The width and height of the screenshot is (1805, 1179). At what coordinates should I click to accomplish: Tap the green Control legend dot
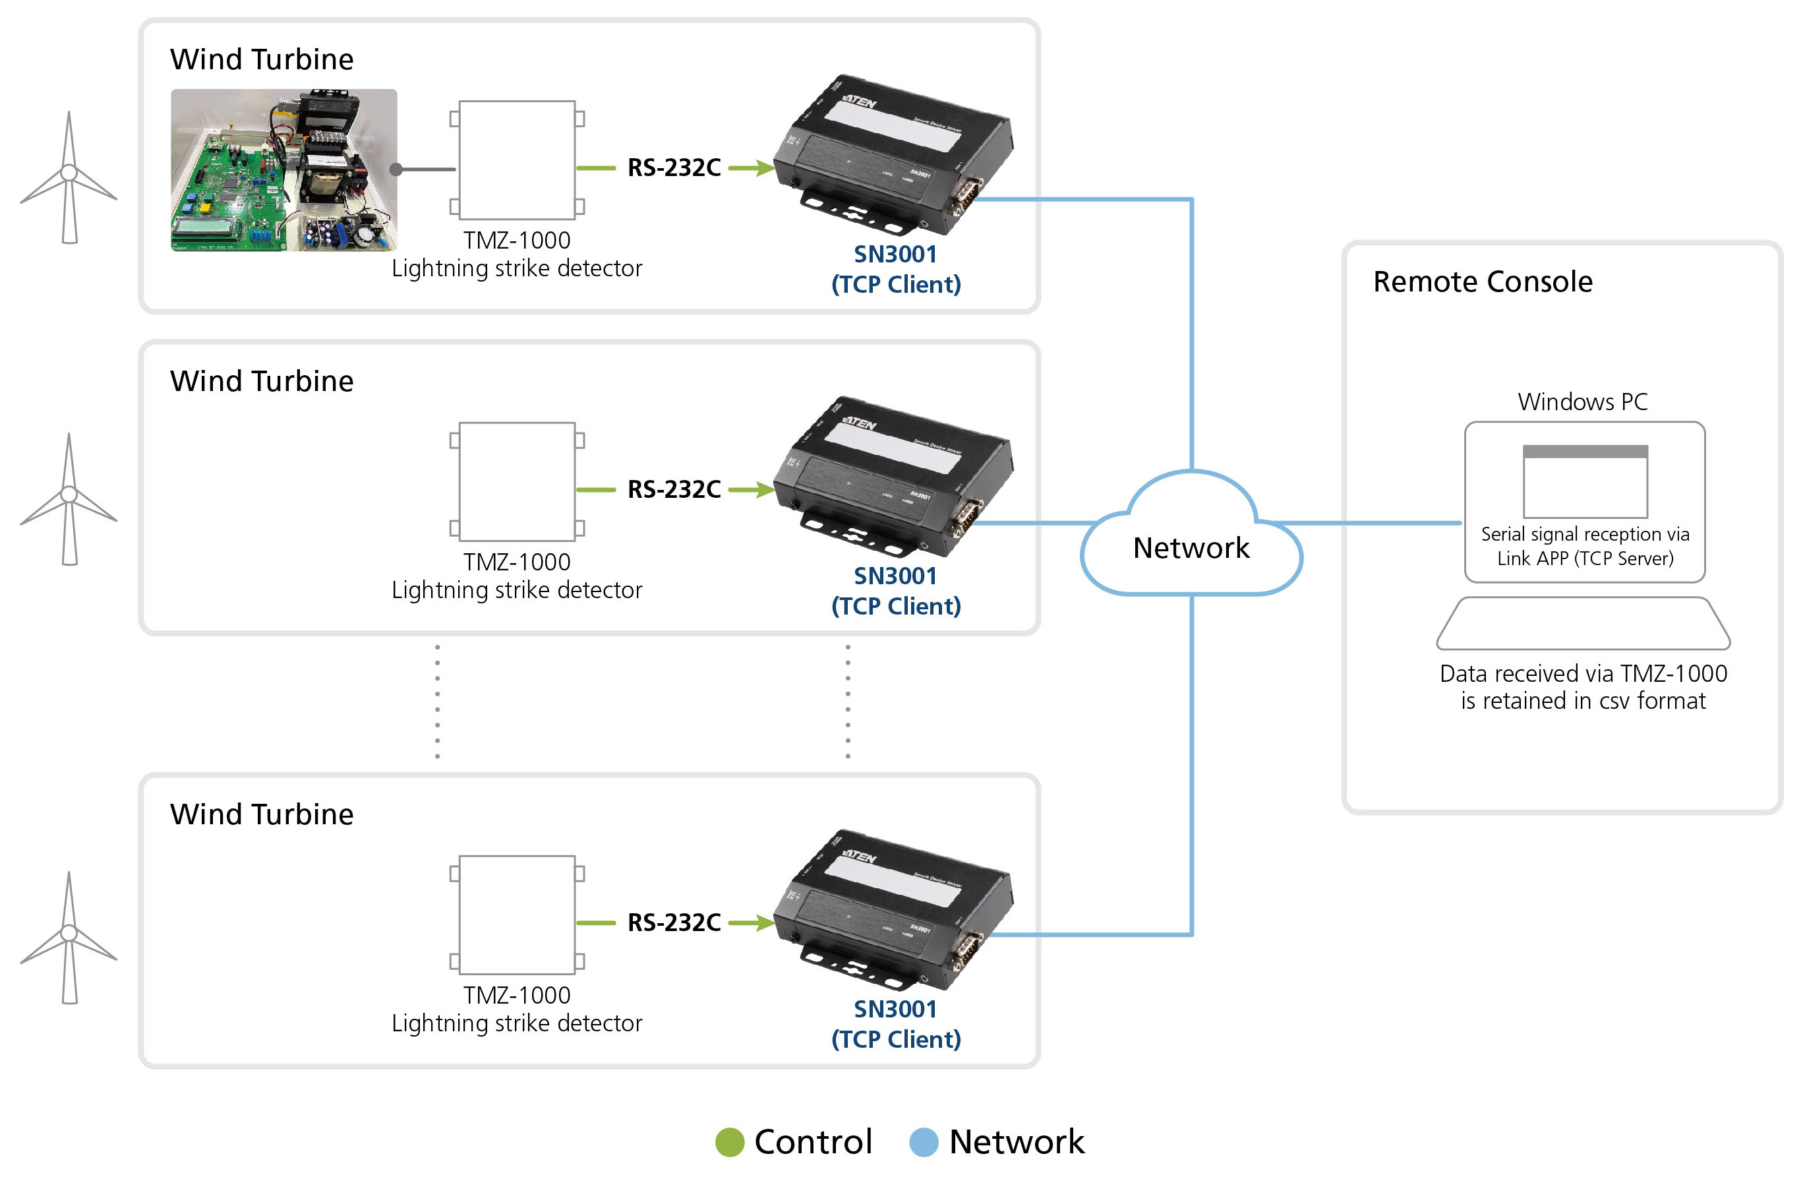(x=730, y=1142)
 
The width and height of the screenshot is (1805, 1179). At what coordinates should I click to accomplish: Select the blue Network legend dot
(x=923, y=1142)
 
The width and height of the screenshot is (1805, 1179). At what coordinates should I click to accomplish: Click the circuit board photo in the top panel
(x=283, y=170)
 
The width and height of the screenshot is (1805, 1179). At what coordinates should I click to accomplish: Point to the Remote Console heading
(x=1482, y=282)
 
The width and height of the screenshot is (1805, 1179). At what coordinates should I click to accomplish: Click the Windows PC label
(x=1582, y=402)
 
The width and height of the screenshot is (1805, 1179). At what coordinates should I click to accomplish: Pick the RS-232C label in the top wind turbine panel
(x=674, y=167)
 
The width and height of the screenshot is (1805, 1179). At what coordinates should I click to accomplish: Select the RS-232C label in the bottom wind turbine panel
(x=674, y=922)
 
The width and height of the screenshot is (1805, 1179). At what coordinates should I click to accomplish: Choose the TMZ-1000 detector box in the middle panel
(x=516, y=481)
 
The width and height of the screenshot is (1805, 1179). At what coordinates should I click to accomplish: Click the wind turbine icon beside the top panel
(x=69, y=178)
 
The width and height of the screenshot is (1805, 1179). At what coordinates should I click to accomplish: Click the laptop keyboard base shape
(x=1583, y=624)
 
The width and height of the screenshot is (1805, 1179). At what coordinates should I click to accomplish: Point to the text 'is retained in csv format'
(x=1583, y=701)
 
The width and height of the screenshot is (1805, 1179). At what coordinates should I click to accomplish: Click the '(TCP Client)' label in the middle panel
(x=896, y=606)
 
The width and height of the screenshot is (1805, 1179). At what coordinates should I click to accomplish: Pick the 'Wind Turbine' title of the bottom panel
(x=262, y=814)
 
